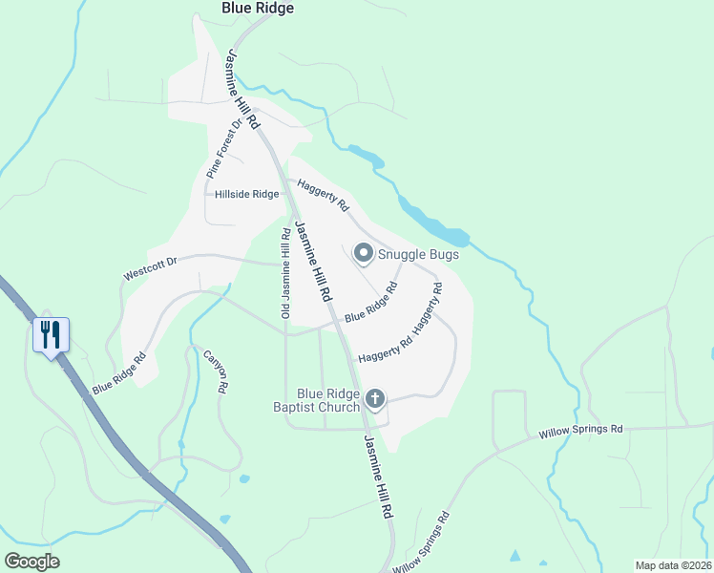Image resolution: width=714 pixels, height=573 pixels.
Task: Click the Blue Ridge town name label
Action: tap(258, 8)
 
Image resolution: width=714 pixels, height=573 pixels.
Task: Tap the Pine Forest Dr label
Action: tap(224, 149)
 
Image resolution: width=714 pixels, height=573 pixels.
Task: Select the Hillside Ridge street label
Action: tap(246, 194)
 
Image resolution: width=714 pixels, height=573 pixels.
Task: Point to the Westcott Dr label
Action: tap(151, 267)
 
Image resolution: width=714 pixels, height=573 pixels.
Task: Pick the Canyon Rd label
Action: tap(216, 371)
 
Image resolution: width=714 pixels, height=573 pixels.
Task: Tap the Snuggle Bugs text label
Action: tap(418, 254)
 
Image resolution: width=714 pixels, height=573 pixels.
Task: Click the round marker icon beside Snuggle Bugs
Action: tap(363, 253)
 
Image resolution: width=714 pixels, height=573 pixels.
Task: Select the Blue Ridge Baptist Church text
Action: tap(327, 400)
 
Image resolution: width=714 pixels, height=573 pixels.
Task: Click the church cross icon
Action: tap(375, 398)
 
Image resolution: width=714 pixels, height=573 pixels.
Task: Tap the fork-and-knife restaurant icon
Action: tap(52, 334)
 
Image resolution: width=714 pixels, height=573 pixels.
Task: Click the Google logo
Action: tap(31, 562)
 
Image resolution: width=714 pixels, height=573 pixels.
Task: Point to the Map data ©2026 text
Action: tap(673, 565)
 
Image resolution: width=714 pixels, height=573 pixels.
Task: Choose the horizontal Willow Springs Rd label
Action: tap(580, 431)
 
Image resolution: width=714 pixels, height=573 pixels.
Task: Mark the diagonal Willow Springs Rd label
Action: tap(420, 543)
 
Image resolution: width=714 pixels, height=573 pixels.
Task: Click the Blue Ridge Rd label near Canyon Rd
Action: tap(118, 374)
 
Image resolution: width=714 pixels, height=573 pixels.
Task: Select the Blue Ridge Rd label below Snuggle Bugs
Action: tap(370, 302)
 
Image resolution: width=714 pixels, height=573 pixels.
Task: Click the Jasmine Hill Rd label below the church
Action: tap(378, 477)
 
